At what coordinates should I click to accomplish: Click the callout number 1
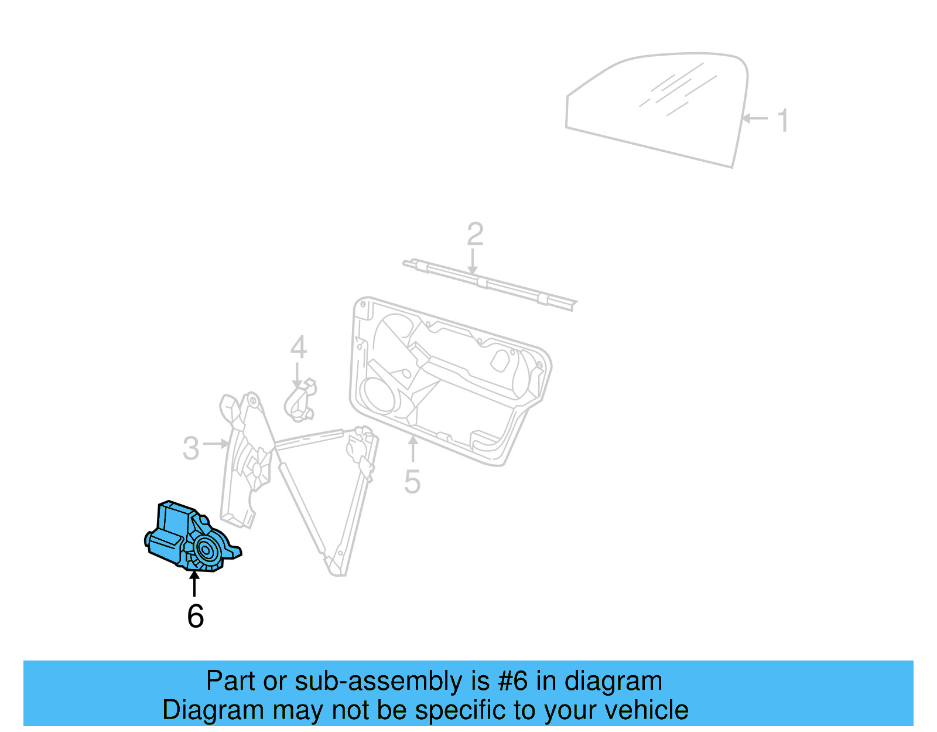point(783,121)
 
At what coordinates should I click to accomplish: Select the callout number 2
point(475,234)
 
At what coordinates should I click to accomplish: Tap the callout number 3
point(191,449)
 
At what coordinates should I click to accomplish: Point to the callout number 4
point(298,348)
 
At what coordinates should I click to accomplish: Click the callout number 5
point(412,482)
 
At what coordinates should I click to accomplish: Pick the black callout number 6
point(196,616)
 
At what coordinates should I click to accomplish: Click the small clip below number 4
point(300,402)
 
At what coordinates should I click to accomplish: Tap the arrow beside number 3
point(217,444)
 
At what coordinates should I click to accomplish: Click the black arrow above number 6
point(194,584)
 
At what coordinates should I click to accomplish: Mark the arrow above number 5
point(413,449)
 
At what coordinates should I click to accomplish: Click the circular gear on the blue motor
point(206,550)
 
